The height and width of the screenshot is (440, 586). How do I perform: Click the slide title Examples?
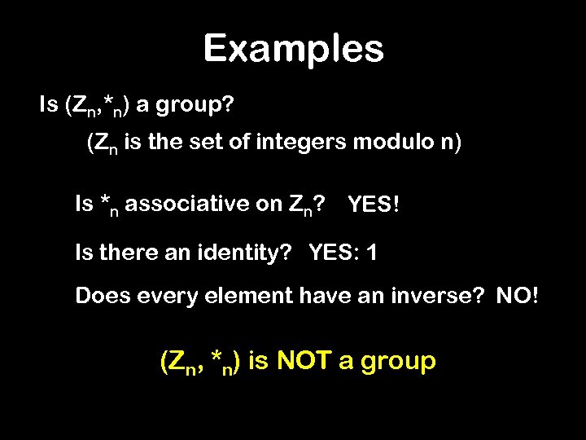(x=293, y=49)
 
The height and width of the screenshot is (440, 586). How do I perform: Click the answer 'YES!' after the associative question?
(x=374, y=205)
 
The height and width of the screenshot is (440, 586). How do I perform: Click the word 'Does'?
(x=98, y=295)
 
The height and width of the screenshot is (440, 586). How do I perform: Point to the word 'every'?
(x=155, y=295)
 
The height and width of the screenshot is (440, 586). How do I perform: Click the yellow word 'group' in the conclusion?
(x=396, y=362)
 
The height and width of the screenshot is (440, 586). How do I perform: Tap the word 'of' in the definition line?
(x=243, y=145)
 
